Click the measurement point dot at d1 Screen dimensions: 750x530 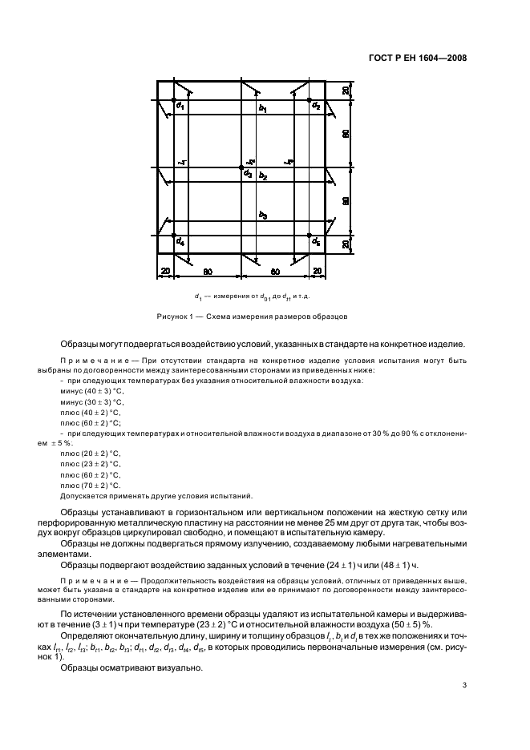coord(176,100)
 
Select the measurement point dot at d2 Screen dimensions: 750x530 coord(310,100)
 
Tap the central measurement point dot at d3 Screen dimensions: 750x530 coord(243,168)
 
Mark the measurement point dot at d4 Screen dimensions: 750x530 coord(176,236)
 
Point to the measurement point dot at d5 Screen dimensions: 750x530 coord(310,236)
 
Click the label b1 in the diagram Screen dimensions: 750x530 coord(262,107)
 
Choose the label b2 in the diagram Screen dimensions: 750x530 coord(263,175)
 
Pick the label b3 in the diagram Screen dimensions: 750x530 coord(262,216)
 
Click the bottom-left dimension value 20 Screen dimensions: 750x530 coord(165,272)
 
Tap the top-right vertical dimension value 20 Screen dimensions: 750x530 coord(345,91)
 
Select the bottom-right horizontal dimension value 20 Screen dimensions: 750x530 coord(317,272)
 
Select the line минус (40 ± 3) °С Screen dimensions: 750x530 coord(91,391)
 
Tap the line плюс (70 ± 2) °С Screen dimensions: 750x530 coord(90,485)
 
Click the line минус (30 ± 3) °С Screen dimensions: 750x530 coord(91,401)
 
